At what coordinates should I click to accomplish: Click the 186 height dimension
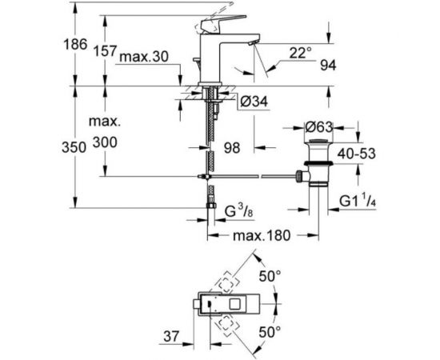coord(75,44)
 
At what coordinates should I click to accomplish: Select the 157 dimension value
coord(104,51)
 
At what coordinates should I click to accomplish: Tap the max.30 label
coord(144,57)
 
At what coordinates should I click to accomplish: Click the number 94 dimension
coord(328,66)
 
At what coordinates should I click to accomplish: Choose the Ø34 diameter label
coord(254,102)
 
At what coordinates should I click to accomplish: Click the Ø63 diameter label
coord(318,127)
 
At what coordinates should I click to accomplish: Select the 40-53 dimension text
coord(356,154)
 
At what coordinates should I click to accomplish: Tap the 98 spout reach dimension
coord(232,147)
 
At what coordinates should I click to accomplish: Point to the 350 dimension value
coord(74,147)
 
